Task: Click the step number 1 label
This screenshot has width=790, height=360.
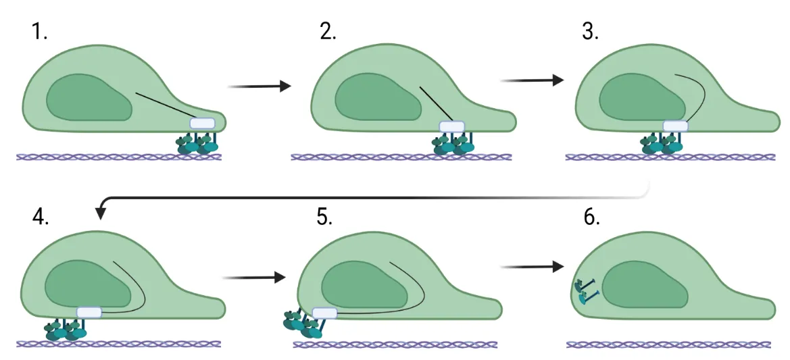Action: coord(40,31)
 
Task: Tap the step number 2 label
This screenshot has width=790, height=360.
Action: coord(328,31)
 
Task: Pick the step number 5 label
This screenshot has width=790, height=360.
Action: coord(324,217)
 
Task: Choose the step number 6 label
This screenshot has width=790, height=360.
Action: coord(590,217)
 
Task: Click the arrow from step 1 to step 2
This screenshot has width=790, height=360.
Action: coord(260,86)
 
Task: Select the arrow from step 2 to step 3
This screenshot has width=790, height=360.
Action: coord(531,80)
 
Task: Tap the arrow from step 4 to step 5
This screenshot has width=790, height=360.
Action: coord(253,277)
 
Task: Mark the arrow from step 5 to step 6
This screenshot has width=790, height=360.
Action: coord(531,267)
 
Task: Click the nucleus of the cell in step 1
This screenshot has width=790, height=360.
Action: coord(88,97)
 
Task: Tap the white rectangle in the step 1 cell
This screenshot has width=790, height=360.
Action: coord(202,124)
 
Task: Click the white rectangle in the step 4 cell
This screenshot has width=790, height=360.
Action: coord(89,312)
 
